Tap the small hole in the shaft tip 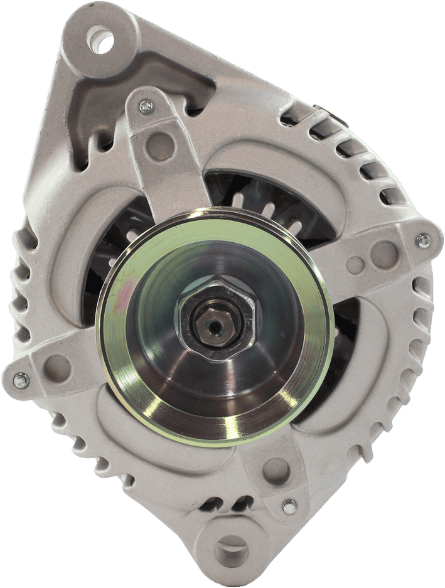[x=215, y=324]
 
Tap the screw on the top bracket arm [x=146, y=107]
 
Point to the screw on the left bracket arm [x=21, y=380]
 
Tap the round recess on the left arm [x=58, y=365]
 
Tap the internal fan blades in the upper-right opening [x=276, y=201]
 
